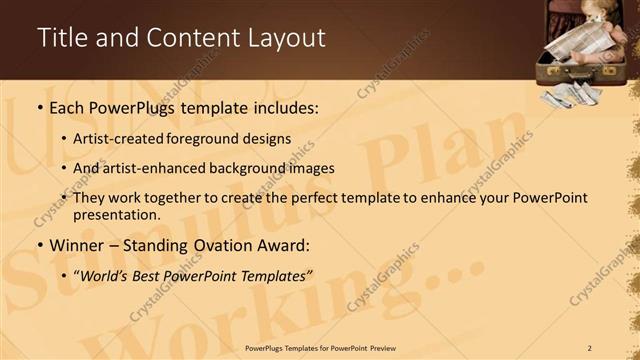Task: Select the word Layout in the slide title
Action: (x=284, y=39)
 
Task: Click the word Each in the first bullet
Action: (x=69, y=107)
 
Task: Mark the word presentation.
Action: (x=117, y=215)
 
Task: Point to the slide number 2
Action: (x=589, y=348)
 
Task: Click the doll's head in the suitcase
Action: (x=582, y=17)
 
